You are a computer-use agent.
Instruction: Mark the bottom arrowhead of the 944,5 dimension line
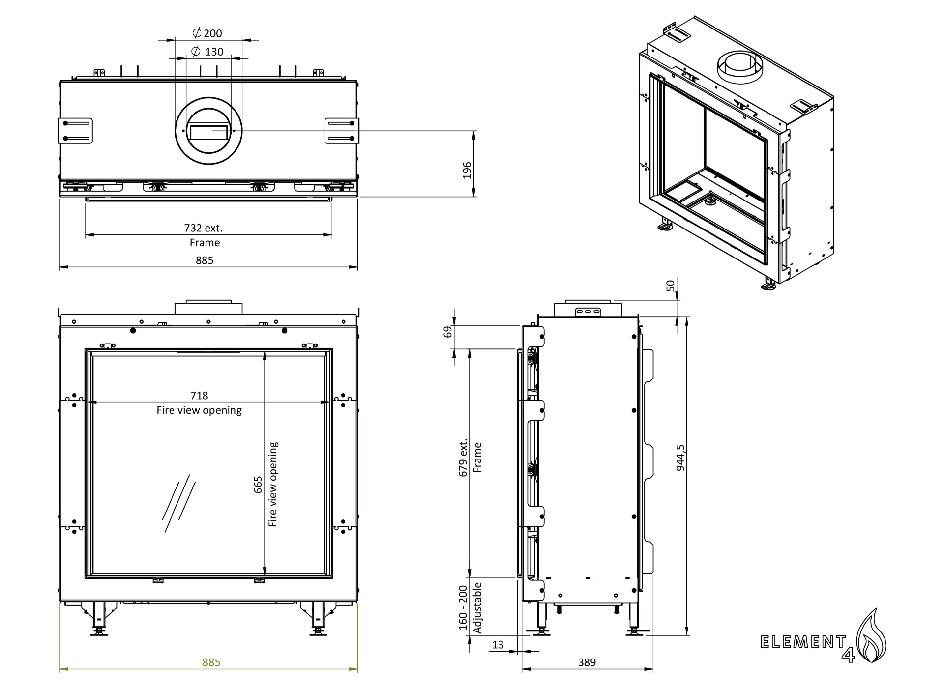coord(686,631)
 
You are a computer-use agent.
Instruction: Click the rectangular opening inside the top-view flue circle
coord(209,132)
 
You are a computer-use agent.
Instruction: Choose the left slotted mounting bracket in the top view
coord(76,131)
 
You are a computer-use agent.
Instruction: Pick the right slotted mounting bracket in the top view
coord(342,131)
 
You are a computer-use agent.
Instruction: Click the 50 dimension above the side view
coord(671,286)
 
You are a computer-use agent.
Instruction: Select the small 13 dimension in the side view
coord(498,644)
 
